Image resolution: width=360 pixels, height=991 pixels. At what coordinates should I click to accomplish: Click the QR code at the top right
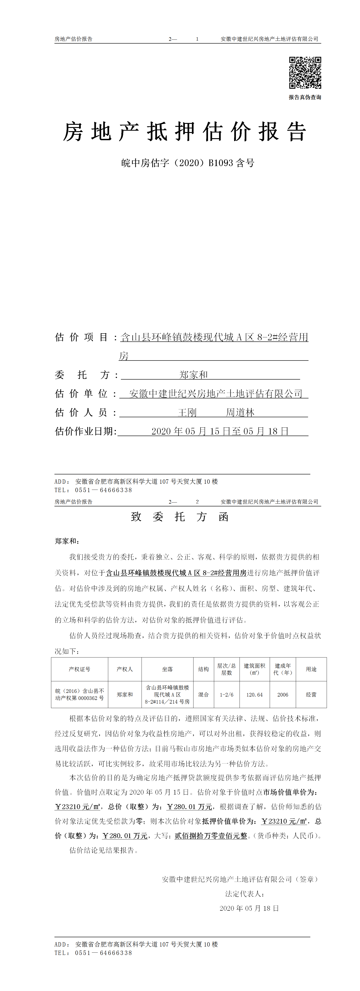305,73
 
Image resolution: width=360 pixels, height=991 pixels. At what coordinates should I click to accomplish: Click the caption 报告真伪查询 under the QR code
305,97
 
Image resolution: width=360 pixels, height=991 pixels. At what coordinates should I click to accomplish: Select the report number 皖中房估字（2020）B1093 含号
188,163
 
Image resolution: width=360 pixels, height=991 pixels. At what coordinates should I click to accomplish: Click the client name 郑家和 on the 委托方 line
193,375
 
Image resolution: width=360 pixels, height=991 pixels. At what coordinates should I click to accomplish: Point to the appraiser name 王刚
187,412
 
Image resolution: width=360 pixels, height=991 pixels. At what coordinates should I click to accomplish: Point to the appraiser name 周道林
240,412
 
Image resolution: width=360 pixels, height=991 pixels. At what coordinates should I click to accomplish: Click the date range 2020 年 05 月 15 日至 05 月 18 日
220,431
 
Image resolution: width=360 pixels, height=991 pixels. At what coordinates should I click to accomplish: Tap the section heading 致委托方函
180,517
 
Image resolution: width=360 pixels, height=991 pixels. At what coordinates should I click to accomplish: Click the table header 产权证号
80,669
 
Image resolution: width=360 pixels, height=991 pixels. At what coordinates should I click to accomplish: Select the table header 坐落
167,669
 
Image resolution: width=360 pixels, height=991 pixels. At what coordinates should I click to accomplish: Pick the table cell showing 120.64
255,695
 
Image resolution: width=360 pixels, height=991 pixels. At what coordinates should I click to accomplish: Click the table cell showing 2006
283,695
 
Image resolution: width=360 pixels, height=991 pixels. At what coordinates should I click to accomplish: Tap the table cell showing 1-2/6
227,695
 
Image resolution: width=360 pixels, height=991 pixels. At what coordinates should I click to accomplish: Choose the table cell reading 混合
203,695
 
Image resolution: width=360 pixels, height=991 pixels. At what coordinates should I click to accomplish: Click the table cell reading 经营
311,695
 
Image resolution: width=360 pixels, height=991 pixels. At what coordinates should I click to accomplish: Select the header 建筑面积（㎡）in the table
255,669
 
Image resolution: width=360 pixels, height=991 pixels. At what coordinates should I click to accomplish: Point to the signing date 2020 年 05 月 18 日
249,908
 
